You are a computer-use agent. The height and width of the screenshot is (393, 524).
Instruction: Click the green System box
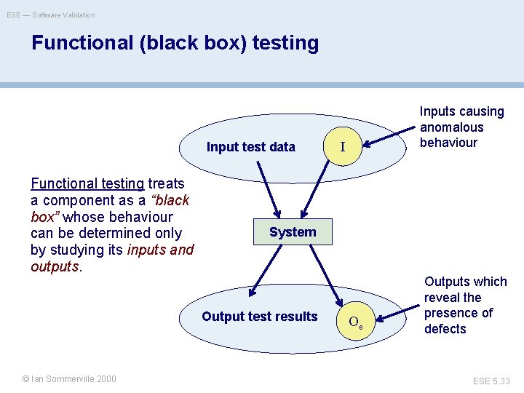coord(293,232)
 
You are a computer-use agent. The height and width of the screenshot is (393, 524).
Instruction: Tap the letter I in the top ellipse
coord(342,148)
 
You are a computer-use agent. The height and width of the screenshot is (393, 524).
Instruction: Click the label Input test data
coord(251,147)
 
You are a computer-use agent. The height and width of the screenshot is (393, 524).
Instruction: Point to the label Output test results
coord(260,317)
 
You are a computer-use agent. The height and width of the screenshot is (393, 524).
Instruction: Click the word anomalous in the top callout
coord(452,127)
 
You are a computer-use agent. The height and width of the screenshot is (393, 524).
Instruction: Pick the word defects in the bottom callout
coord(445,329)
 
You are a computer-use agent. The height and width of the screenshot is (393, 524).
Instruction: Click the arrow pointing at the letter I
coord(385,140)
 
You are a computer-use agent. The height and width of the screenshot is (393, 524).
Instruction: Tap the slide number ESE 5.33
coord(492,381)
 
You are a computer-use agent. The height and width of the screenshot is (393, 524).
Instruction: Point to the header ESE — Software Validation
coord(51,15)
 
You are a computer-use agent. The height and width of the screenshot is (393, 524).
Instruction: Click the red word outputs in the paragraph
coord(54,266)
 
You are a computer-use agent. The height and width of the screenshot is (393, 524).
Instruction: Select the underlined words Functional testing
coord(87,183)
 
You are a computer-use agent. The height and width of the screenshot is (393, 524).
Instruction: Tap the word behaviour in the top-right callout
coord(448,143)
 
